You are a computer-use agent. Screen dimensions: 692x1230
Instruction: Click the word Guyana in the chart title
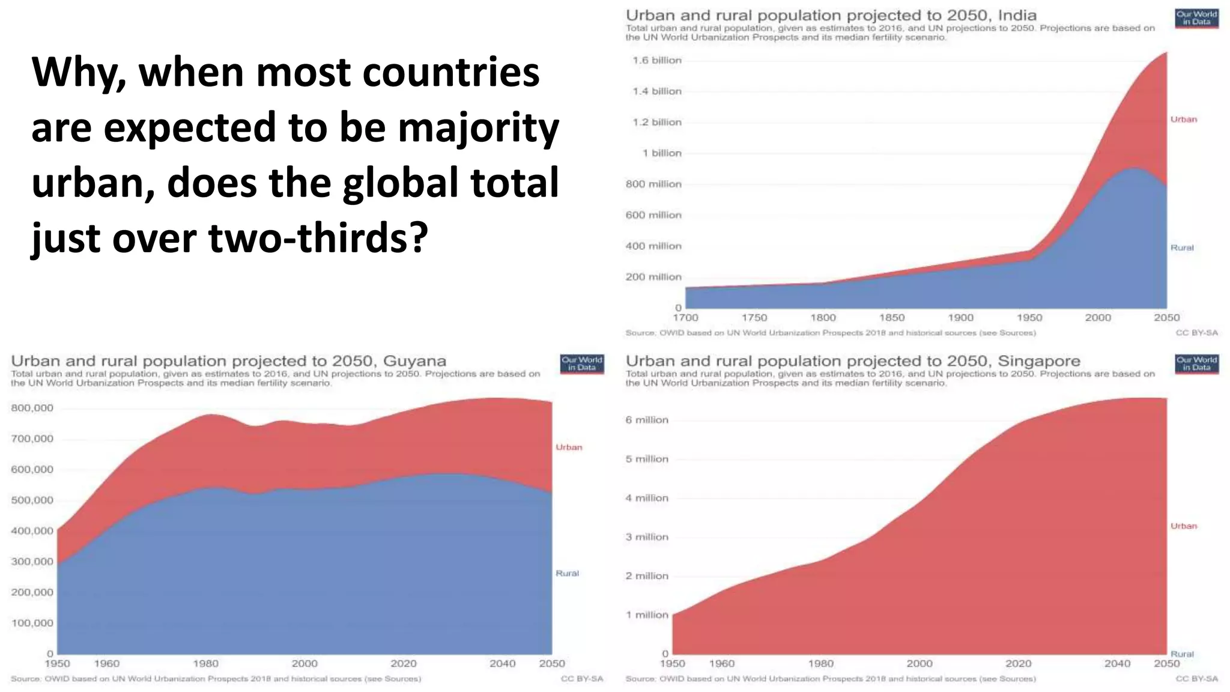click(414, 361)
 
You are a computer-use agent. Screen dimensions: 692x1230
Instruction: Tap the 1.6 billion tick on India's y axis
click(657, 60)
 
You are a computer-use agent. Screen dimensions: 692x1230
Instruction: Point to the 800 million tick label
click(653, 184)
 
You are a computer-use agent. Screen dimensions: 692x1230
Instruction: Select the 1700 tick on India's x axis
click(685, 318)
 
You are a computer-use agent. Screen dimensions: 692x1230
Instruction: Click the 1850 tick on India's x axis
click(892, 318)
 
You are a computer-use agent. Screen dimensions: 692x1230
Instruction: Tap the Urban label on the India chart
click(1183, 120)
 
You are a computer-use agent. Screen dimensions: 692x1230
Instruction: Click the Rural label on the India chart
click(1181, 247)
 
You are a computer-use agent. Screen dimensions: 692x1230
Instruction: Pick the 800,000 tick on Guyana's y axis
click(32, 408)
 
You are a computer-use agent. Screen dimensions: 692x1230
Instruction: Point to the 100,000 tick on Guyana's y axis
click(32, 623)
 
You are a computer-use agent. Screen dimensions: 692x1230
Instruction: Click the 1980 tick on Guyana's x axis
click(205, 664)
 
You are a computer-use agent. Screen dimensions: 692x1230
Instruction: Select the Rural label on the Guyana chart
click(567, 573)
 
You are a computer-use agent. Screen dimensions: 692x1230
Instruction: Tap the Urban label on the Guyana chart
click(568, 447)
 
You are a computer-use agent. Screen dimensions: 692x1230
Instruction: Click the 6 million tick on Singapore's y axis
click(647, 420)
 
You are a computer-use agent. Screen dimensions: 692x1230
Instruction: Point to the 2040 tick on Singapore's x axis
click(1117, 664)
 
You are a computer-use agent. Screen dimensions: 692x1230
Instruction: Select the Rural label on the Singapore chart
click(1181, 654)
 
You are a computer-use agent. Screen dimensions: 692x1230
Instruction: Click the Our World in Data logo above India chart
click(1196, 18)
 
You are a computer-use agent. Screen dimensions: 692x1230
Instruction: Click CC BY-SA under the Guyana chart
click(581, 679)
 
